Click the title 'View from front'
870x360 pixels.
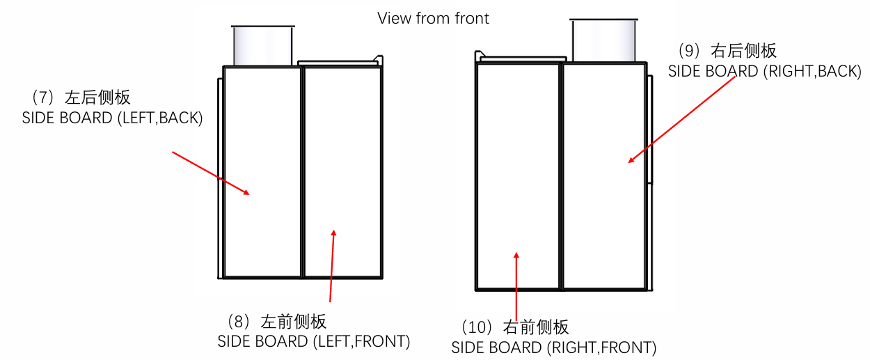pyautogui.click(x=433, y=18)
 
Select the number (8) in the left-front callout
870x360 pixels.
pyautogui.click(x=239, y=322)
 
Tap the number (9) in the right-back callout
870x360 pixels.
pyautogui.click(x=688, y=51)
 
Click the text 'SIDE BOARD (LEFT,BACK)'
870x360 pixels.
pyautogui.click(x=112, y=118)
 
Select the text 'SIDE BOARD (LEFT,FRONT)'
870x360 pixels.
pyautogui.click(x=313, y=342)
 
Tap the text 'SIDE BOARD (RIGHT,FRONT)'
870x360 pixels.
pyautogui.click(x=553, y=347)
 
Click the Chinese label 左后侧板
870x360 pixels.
pyautogui.click(x=97, y=97)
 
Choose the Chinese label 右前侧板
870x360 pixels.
pyautogui.click(x=536, y=327)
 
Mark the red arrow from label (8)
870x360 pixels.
pyautogui.click(x=332, y=265)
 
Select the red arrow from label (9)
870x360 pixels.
pyautogui.click(x=683, y=119)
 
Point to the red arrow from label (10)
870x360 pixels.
pyautogui.click(x=516, y=285)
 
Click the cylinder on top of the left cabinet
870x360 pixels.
pyautogui.click(x=262, y=46)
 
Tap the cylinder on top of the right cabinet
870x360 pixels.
pyautogui.click(x=603, y=40)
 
